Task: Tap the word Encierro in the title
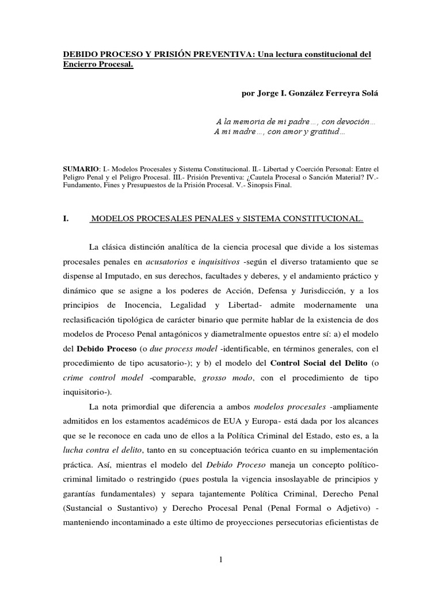81,65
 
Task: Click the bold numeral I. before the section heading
66,219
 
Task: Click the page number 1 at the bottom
220,561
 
